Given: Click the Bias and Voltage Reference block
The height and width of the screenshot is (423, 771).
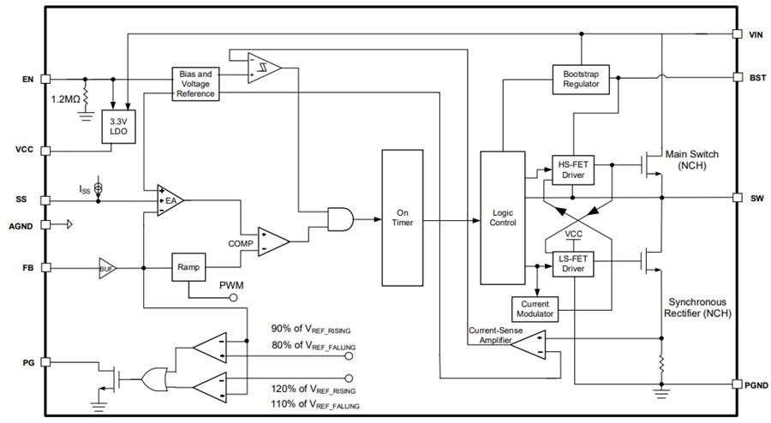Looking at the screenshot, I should tap(196, 84).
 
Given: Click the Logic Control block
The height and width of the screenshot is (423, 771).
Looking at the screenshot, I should tap(501, 217).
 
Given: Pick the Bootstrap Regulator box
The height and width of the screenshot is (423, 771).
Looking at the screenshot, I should tap(581, 78).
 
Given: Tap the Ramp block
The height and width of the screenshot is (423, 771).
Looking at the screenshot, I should tap(188, 267).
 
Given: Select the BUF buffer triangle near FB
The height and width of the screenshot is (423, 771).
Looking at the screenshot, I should tap(107, 267).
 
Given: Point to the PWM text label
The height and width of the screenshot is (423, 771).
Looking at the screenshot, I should tap(233, 284).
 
